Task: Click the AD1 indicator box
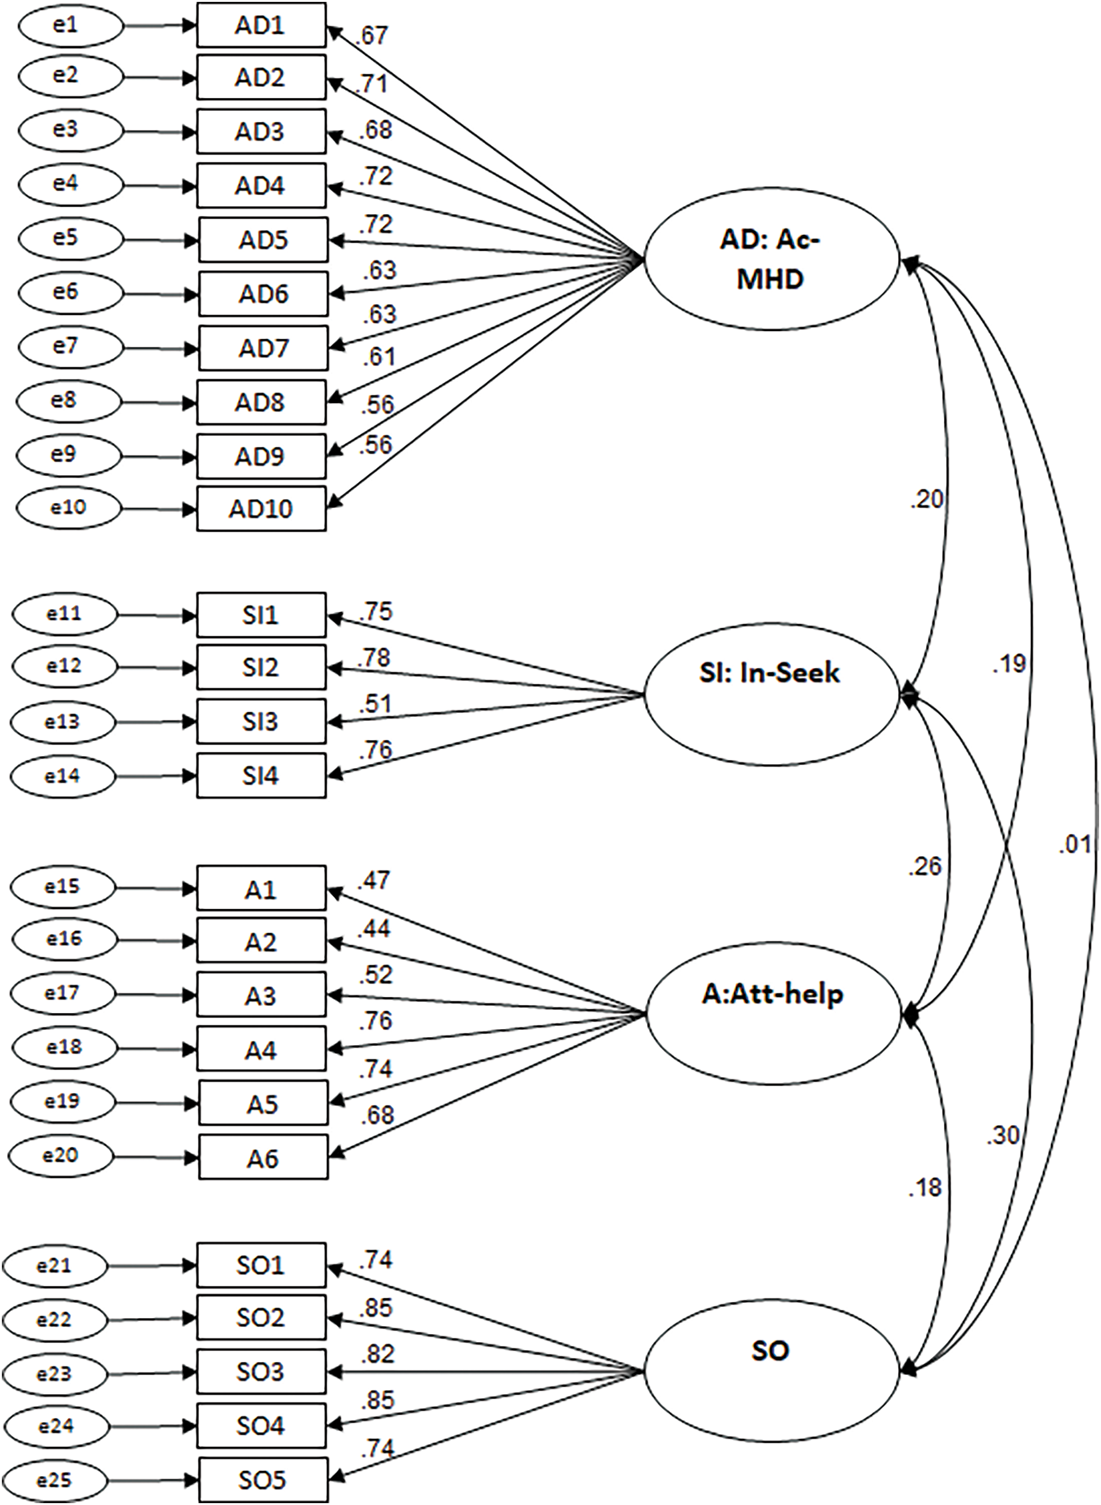(261, 25)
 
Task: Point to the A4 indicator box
(261, 1050)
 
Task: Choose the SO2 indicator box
(261, 1317)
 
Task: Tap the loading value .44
(374, 928)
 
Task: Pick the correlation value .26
(924, 866)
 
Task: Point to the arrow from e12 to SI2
(157, 667)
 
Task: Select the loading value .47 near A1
(374, 881)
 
